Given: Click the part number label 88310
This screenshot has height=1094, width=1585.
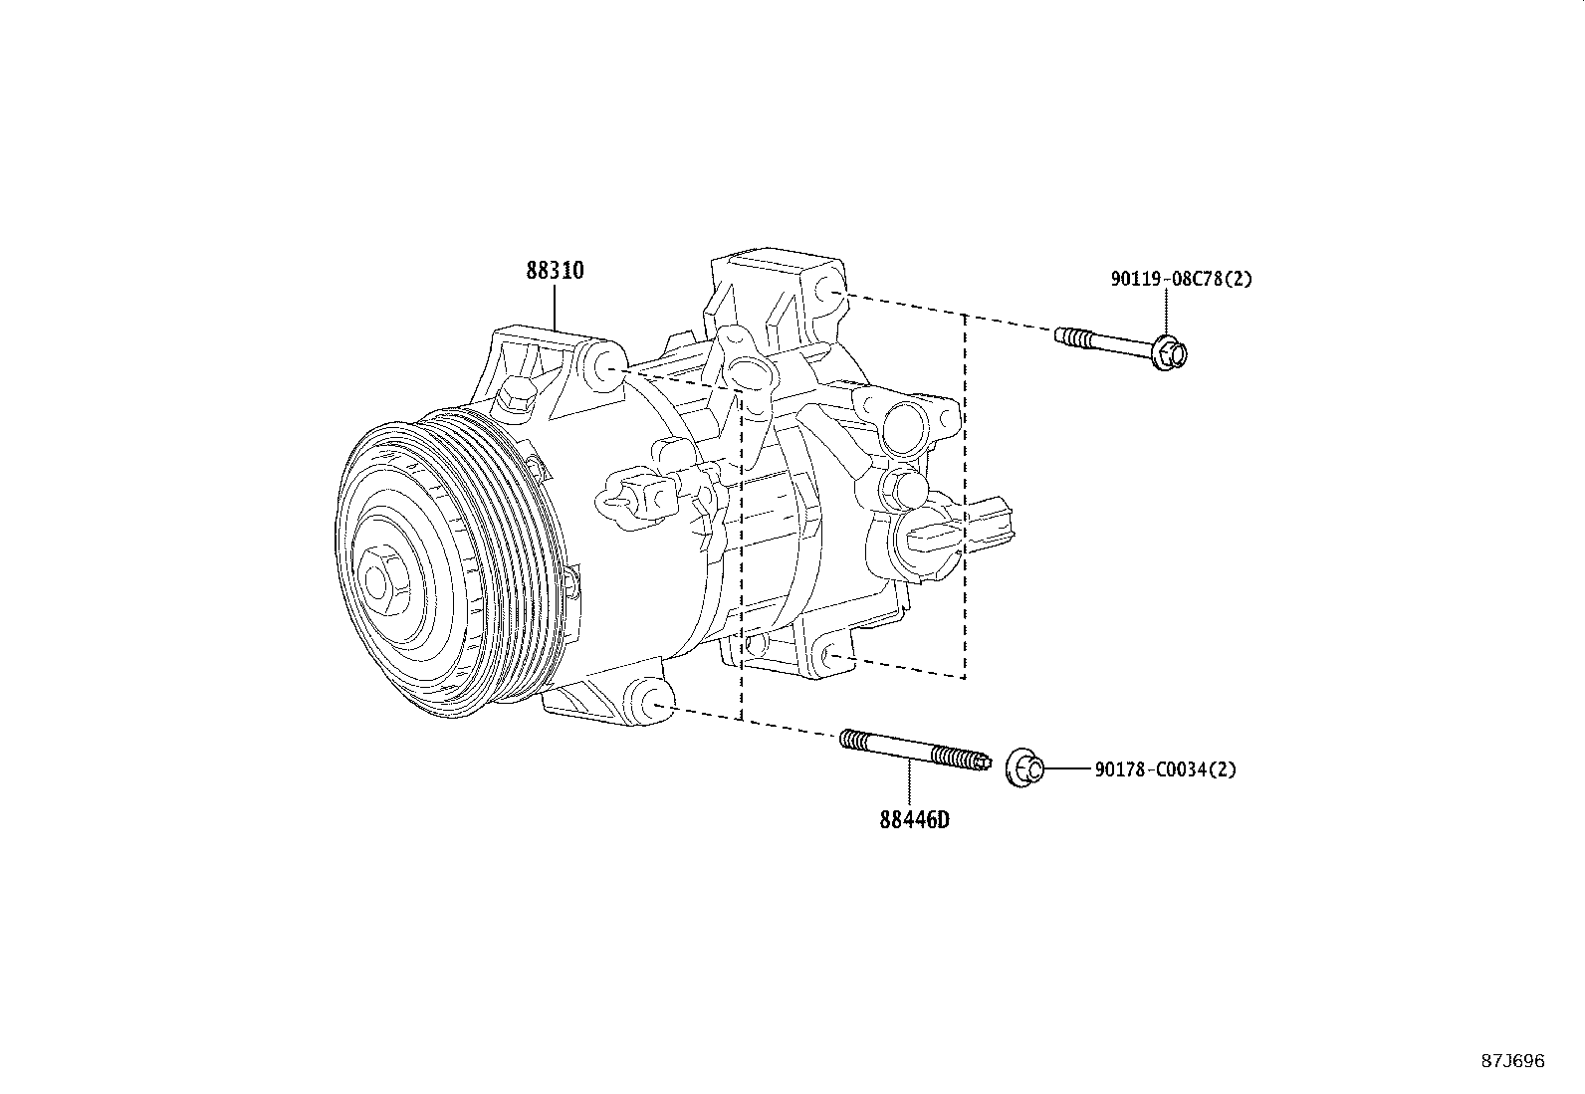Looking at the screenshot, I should [x=555, y=271].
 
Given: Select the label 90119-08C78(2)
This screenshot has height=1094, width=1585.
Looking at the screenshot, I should [x=1181, y=280].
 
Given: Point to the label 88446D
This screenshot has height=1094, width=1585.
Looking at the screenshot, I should [x=914, y=820].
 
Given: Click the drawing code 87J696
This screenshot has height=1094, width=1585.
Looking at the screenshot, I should [x=1512, y=1061].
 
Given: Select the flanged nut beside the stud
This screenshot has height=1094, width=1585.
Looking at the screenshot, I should [x=1024, y=768].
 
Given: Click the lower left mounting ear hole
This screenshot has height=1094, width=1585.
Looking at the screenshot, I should [x=654, y=704].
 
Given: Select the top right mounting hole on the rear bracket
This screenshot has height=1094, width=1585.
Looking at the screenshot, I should [x=828, y=291].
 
